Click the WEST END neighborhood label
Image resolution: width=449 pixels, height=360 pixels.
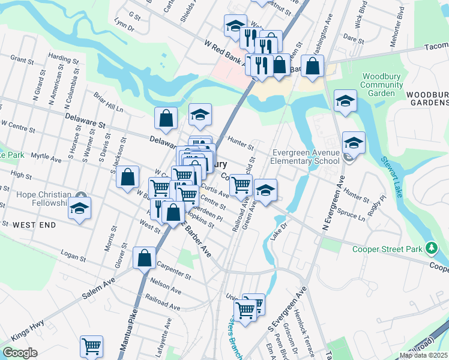click(x=34, y=225)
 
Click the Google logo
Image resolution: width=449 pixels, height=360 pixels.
click(x=20, y=353)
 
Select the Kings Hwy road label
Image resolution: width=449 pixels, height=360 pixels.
click(x=27, y=332)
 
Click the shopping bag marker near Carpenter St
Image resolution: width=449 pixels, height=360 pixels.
click(x=145, y=258)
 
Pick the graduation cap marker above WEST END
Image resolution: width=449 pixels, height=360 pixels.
click(x=79, y=209)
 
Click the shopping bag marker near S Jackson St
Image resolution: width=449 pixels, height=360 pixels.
click(x=127, y=178)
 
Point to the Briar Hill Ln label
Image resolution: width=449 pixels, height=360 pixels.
click(x=108, y=102)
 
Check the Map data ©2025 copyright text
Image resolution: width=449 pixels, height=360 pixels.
click(x=424, y=355)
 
